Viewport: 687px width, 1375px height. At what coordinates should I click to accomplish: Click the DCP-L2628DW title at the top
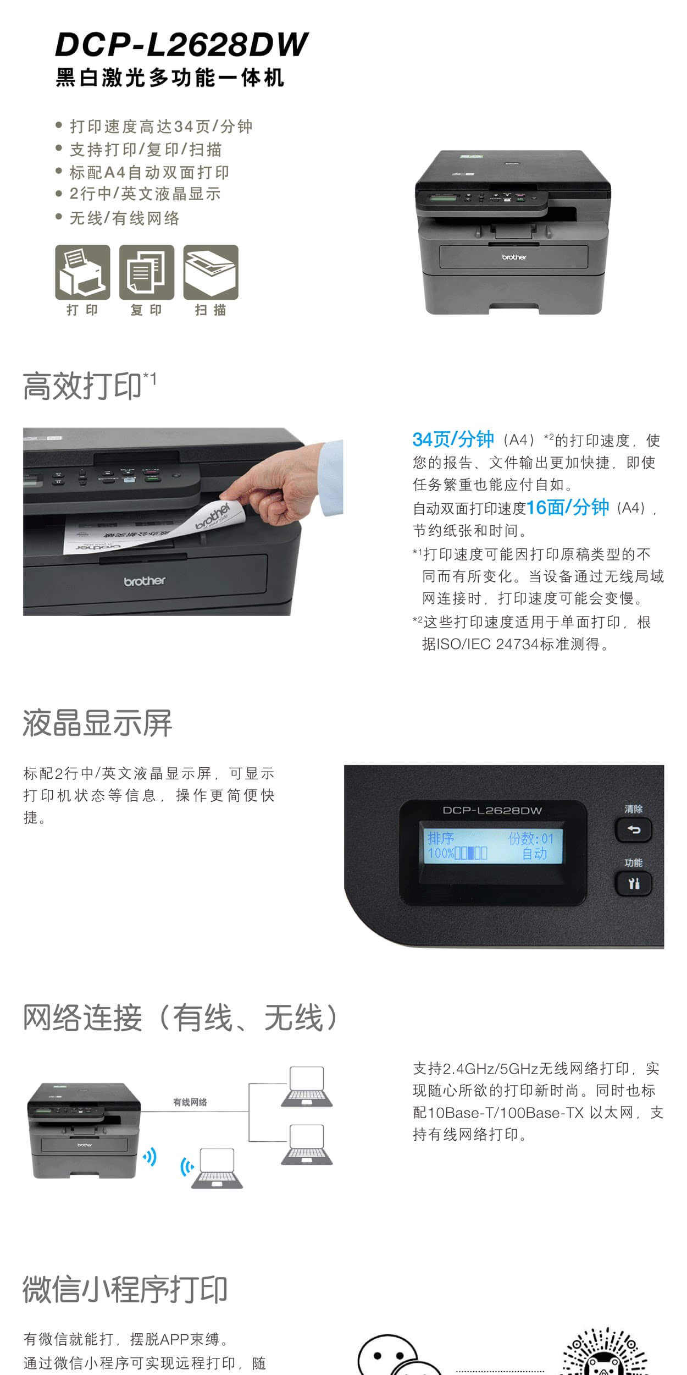coord(181,45)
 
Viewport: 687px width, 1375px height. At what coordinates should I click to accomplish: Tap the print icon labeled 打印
coord(82,272)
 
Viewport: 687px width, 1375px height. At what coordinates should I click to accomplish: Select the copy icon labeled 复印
coord(147,272)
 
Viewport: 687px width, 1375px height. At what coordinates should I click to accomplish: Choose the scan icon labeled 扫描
coord(211,272)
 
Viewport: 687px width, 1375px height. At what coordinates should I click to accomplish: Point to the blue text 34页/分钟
coord(453,439)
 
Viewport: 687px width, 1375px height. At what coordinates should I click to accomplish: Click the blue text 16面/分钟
coord(568,507)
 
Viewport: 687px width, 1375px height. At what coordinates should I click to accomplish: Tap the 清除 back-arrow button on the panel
coord(633,830)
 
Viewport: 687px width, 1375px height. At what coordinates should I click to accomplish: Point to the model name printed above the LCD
coord(492,811)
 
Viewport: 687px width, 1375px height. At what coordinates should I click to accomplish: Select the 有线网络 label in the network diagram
coord(190,1102)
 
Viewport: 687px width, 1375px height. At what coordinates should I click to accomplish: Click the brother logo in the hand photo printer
coord(145,581)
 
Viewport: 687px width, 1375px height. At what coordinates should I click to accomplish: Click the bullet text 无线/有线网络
coord(125,218)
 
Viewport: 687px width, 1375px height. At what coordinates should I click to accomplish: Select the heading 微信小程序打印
coord(125,1289)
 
